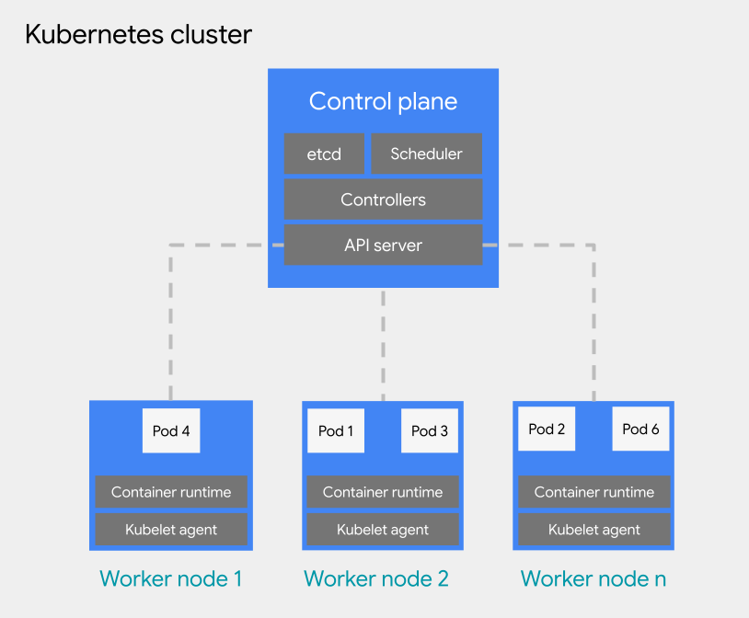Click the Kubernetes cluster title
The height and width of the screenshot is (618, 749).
(x=138, y=35)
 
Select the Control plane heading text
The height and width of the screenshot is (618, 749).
(x=383, y=101)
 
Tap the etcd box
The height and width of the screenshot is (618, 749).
(x=324, y=154)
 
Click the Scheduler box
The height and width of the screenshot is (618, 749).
(x=426, y=154)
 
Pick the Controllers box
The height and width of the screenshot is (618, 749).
(x=383, y=200)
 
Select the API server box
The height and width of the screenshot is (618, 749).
(x=383, y=245)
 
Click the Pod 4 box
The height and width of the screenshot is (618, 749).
(x=171, y=430)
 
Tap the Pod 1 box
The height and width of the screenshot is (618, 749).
(x=336, y=430)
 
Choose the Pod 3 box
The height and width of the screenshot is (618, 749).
(x=430, y=430)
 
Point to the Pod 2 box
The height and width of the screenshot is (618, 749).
(x=547, y=429)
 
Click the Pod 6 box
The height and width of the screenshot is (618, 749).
(x=640, y=429)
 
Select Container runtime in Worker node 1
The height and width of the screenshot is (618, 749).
(x=171, y=492)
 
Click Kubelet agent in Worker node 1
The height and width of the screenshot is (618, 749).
(x=171, y=530)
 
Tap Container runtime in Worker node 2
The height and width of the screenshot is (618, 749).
(x=383, y=492)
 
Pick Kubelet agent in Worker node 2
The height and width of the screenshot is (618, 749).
(x=383, y=530)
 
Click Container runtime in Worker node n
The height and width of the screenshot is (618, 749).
(x=594, y=492)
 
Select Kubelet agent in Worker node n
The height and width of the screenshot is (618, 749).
(x=594, y=530)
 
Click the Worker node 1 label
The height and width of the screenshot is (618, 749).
(x=171, y=578)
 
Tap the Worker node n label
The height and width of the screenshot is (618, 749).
(x=593, y=578)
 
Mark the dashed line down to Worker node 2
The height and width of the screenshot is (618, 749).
(x=383, y=345)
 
